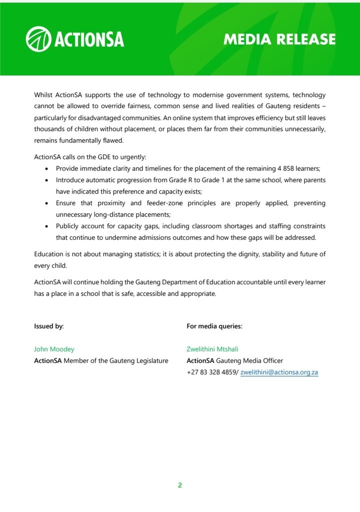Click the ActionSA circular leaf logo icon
click(x=38, y=39)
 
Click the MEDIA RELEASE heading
click(x=279, y=40)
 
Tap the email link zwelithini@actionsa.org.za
click(x=279, y=372)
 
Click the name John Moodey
click(x=54, y=349)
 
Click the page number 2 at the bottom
click(x=179, y=485)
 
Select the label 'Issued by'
click(x=48, y=326)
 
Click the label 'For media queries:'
click(x=214, y=326)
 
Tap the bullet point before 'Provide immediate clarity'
click(x=46, y=169)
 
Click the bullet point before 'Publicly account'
click(x=46, y=226)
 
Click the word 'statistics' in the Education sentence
click(x=143, y=254)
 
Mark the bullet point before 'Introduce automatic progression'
click(x=46, y=180)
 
